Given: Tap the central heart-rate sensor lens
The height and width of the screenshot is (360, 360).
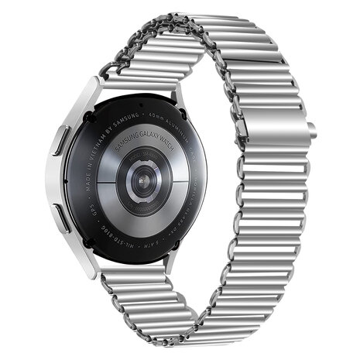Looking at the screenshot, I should coord(142,178).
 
